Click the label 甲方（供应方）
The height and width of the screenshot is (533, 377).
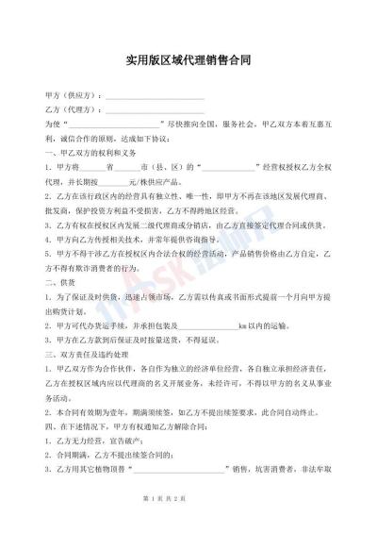pos(73,97)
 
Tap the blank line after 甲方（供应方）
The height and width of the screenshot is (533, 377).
pos(155,97)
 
